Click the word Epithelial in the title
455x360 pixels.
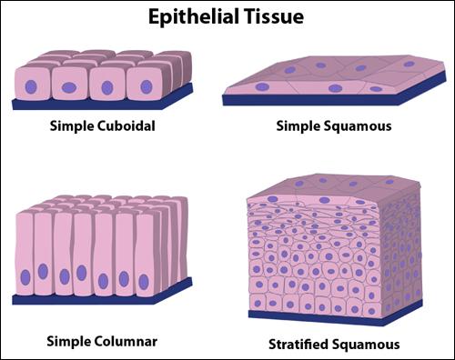coord(193,17)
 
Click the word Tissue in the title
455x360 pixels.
coord(274,16)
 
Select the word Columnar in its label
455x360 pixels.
coord(126,342)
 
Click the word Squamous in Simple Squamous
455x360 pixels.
coord(358,126)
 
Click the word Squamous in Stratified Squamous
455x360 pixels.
coord(365,345)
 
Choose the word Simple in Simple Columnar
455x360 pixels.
coord(69,342)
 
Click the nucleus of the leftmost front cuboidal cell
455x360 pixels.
coord(31,87)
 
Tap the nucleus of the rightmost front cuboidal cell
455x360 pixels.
coord(147,86)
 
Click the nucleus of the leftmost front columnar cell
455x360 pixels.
coord(25,277)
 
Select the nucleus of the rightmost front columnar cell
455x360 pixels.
coord(144,282)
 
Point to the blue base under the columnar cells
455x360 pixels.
coord(102,296)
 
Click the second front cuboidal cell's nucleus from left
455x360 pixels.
coord(69,88)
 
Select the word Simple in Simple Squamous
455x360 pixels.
coord(298,126)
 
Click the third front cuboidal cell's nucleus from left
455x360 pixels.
coord(107,87)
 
